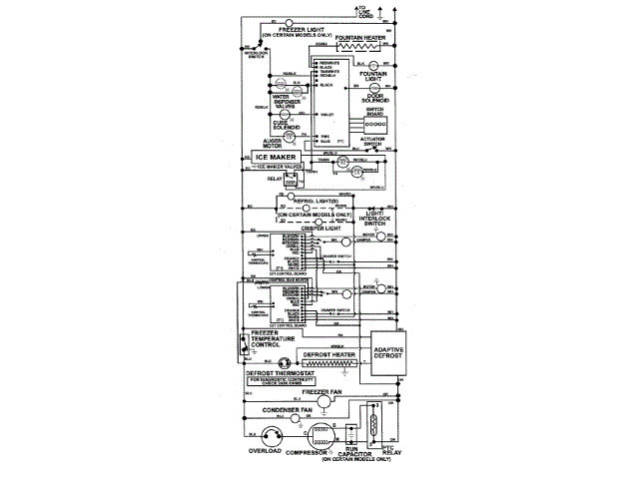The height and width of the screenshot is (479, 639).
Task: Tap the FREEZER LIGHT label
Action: [x=303, y=30]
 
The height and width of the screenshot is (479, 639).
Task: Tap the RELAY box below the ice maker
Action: [x=292, y=182]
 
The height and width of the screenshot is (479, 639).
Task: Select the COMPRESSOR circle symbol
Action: [x=321, y=434]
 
